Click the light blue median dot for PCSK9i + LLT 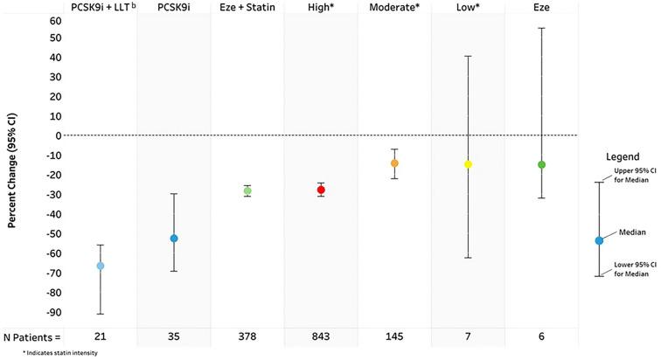101,266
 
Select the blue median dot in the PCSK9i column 174,239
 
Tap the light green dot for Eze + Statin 247,190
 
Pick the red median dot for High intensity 321,190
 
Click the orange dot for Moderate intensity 394,163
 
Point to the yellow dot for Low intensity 468,164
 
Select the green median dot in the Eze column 541,164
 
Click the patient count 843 321,336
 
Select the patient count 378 247,336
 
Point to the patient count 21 101,336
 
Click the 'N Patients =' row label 32,336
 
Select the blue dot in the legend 599,240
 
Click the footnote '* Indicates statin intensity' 48,353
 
